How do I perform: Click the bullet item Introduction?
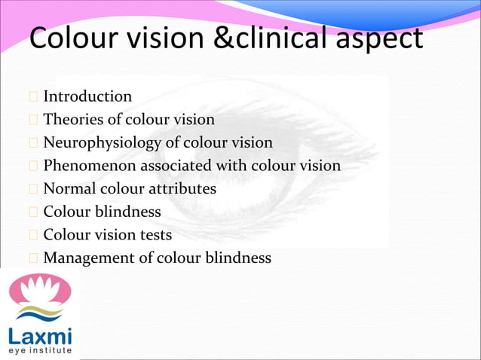point(87,96)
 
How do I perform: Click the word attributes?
point(182,188)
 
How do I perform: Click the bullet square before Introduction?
point(33,97)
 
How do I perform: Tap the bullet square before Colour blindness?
point(33,212)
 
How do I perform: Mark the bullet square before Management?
point(33,258)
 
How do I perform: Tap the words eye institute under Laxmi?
point(40,351)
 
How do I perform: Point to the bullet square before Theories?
point(33,120)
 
